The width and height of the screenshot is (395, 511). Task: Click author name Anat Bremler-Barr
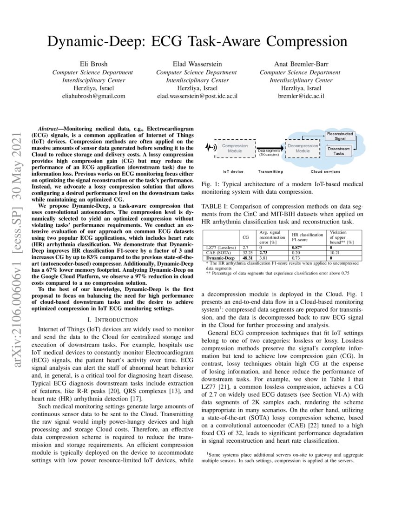pos(300,64)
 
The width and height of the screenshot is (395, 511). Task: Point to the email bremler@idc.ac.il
pos(300,96)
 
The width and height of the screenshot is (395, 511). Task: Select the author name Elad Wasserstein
pos(197,64)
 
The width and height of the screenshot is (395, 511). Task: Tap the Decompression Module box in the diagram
pos(303,148)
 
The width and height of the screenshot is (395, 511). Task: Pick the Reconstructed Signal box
pos(339,136)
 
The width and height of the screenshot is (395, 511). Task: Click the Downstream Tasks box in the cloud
pos(339,151)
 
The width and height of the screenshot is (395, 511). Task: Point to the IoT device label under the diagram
pos(226,171)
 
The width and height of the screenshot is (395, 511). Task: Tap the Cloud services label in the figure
pos(328,171)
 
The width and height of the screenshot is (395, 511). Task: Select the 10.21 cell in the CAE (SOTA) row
pos(334,253)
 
